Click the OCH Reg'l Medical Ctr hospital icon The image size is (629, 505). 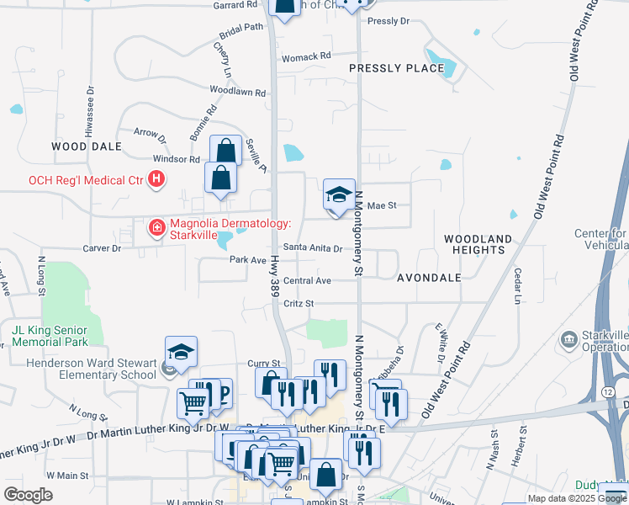coord(156,178)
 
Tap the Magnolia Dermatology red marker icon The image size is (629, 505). coord(156,228)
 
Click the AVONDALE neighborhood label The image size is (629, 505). coord(429,277)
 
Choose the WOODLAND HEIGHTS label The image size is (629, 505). coord(478,245)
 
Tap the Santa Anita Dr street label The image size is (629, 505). coord(312,248)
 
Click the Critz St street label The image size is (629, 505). coord(299,304)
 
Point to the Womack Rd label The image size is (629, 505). coord(306,57)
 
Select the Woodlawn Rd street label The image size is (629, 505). coord(237,91)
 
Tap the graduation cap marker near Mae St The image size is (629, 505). coord(339,195)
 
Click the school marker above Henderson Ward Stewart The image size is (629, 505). coord(181,353)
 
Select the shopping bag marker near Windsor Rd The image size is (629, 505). coord(225,151)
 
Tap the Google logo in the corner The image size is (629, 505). coord(28,494)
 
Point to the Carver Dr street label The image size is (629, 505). coord(103,249)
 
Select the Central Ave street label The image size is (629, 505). coord(307,281)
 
